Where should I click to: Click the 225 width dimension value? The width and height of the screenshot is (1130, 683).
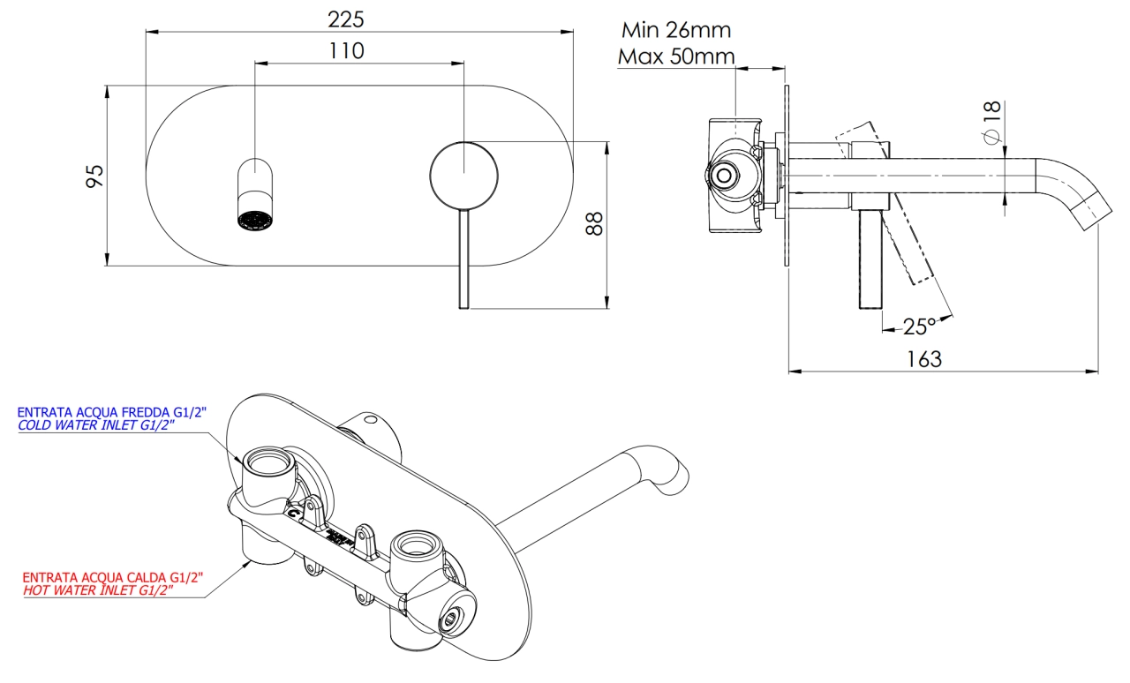pos(345,19)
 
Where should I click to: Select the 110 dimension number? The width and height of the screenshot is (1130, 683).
pos(346,50)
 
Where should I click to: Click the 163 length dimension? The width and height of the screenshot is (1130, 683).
pos(924,359)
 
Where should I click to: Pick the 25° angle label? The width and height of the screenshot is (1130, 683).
pos(918,326)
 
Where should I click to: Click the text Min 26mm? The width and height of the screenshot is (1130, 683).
pos(676,30)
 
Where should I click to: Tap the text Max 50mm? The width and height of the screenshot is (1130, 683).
pos(676,57)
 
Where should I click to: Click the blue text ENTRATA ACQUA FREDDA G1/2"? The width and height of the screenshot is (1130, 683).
pos(112,412)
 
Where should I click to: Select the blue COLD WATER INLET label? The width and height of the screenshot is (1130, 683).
pos(97,425)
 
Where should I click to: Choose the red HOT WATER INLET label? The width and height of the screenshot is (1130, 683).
pos(97,589)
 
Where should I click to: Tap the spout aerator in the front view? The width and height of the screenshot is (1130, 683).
pos(255,218)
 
